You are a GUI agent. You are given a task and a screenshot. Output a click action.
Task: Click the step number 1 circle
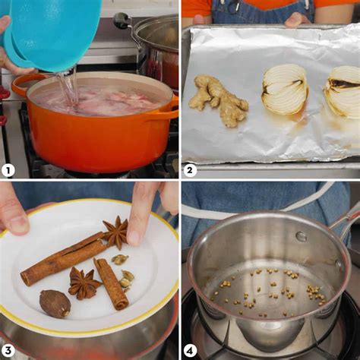[8, 171]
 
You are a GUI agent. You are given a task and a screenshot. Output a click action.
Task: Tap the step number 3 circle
[8, 351]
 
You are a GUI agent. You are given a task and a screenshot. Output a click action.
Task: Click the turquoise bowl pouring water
[52, 33]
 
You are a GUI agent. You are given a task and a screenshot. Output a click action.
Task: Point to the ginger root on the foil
[219, 100]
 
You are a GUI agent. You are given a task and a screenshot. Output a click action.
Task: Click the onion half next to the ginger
[286, 89]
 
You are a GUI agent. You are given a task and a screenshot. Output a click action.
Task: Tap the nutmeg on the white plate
[55, 304]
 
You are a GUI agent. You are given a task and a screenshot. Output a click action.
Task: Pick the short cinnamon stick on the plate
[112, 283]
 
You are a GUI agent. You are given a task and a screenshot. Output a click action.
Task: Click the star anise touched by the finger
[115, 232]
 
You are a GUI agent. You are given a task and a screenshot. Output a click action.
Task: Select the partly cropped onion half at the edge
[343, 91]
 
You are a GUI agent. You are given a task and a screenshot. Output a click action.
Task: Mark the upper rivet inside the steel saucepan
[302, 236]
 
